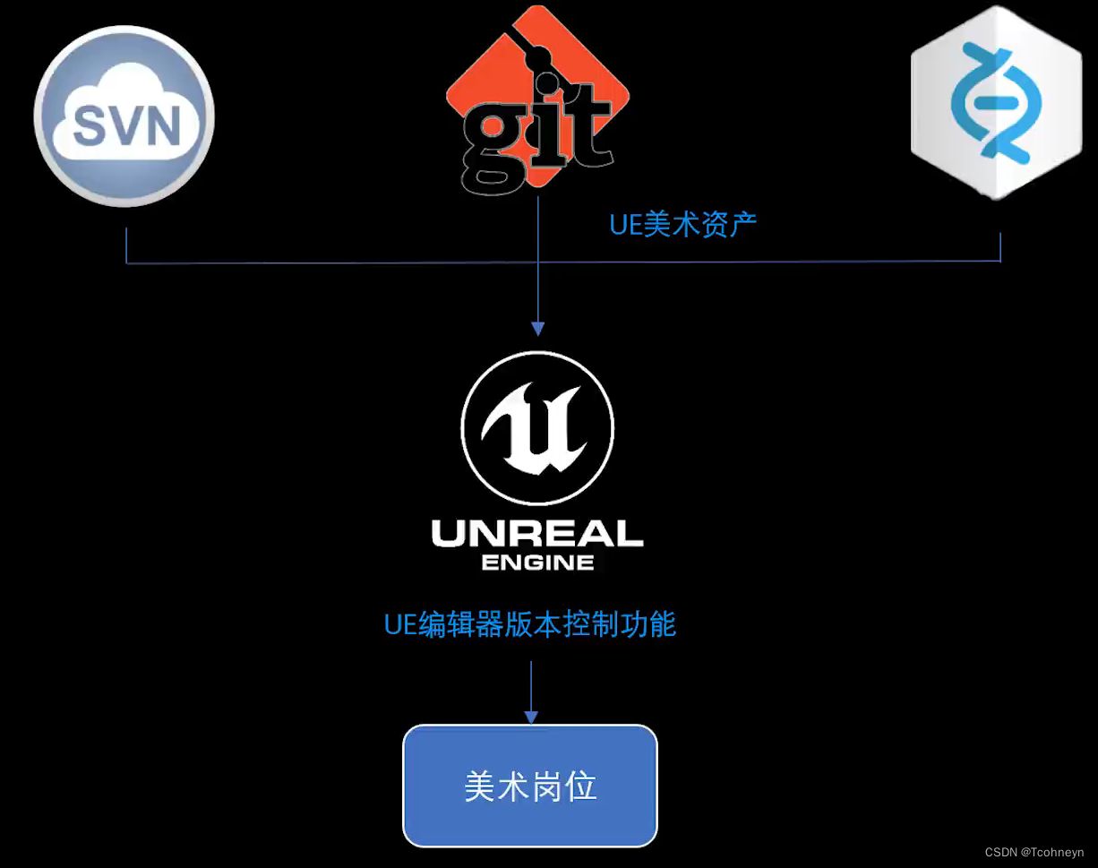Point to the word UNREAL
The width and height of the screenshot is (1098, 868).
(537, 534)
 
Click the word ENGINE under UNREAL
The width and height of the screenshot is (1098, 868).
(537, 563)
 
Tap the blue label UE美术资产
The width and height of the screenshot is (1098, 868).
(682, 224)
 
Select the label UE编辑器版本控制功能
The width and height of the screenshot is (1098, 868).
(530, 623)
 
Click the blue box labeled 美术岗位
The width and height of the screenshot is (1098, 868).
(530, 786)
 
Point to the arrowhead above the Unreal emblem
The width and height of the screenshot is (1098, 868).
(537, 328)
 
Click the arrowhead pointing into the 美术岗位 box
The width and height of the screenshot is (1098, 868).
(531, 717)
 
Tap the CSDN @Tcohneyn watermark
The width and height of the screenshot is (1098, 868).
(1034, 853)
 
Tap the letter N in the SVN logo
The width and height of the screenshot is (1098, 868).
(162, 125)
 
